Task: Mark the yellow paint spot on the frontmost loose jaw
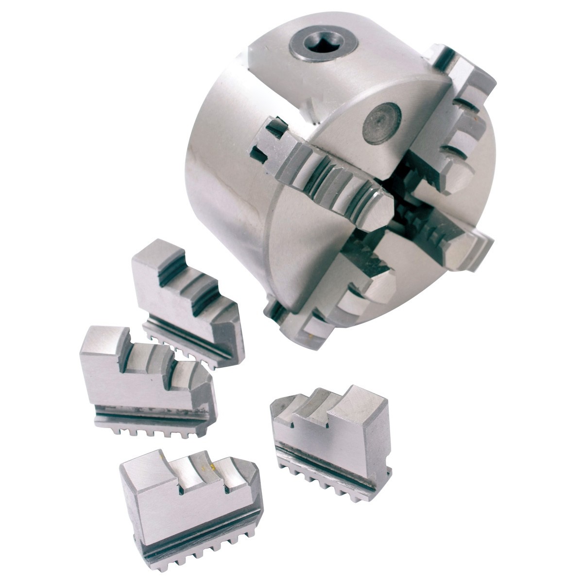pos(213,467)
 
